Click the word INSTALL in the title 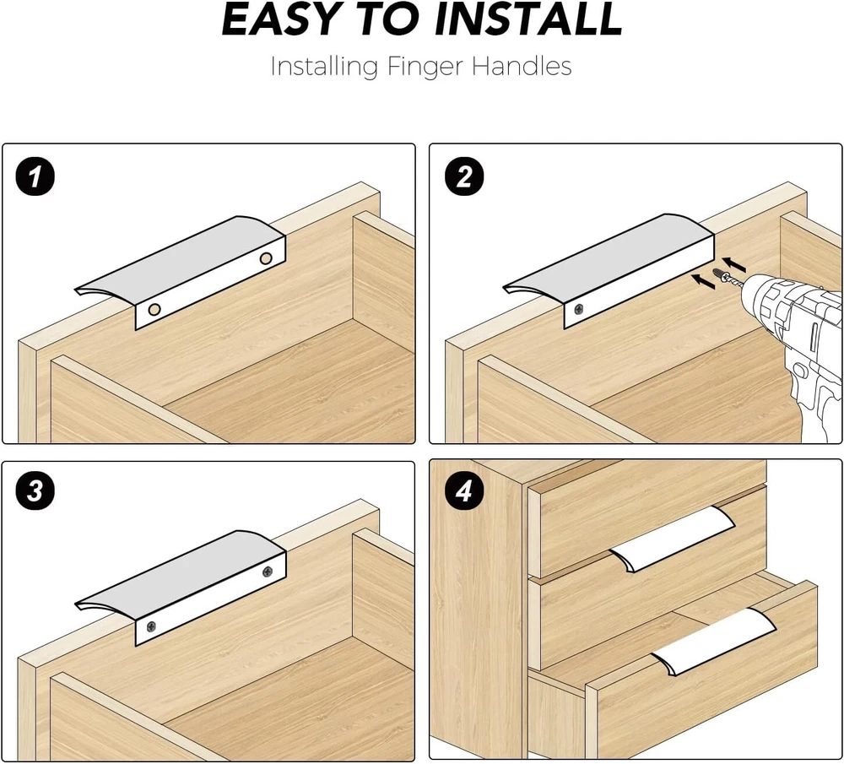click(x=528, y=19)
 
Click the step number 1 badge click(x=35, y=176)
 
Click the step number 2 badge click(x=464, y=176)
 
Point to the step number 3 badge click(x=35, y=490)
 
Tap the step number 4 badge click(x=464, y=490)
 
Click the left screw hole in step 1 click(x=154, y=310)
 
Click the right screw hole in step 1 click(x=266, y=258)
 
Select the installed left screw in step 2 click(x=579, y=309)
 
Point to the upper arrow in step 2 click(x=734, y=264)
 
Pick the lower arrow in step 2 click(x=704, y=281)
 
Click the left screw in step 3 click(x=152, y=626)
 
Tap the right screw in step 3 click(x=267, y=572)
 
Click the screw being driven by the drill click(x=724, y=276)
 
